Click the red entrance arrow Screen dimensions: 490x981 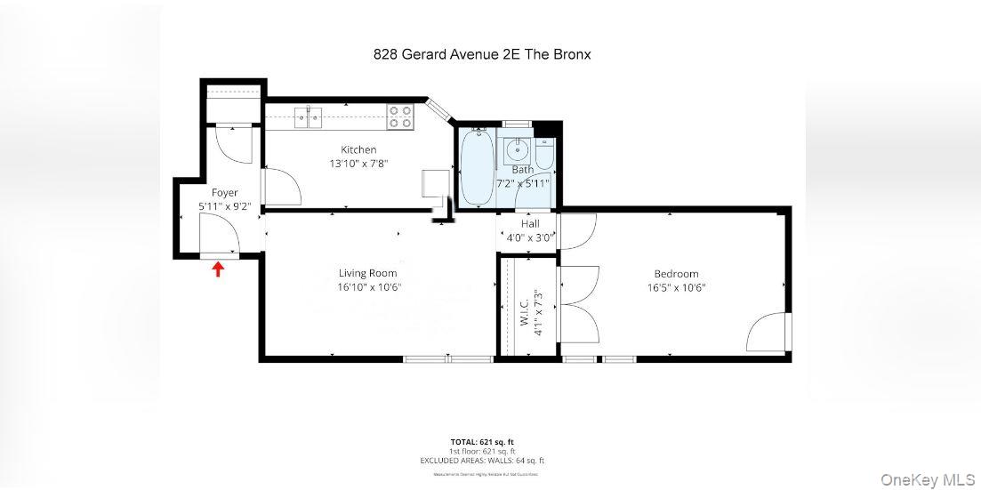[x=218, y=269]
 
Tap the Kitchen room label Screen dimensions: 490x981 [x=358, y=149]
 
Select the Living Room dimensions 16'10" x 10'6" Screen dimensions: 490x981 [x=367, y=287]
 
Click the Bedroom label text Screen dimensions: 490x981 [x=676, y=274]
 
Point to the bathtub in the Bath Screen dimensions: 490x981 [x=478, y=168]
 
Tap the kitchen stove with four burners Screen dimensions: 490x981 [x=401, y=115]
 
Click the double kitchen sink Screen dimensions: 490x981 [x=308, y=116]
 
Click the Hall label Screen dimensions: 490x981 [x=530, y=224]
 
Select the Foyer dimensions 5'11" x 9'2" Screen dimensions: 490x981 [x=224, y=206]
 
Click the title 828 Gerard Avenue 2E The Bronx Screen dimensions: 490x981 [x=481, y=54]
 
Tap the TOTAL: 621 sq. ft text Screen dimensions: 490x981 [x=481, y=442]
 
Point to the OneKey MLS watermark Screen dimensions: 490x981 [x=927, y=479]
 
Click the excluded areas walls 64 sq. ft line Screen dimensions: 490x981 [x=481, y=461]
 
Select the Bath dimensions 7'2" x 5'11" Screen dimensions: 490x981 [x=528, y=182]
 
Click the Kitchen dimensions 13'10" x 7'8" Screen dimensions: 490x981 [x=358, y=164]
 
